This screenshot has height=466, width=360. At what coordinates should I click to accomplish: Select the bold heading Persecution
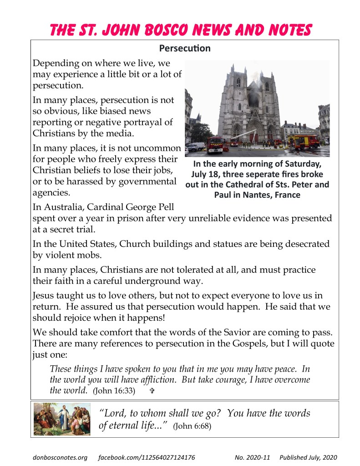tap(185, 48)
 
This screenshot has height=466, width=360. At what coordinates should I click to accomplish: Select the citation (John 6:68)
tap(193, 427)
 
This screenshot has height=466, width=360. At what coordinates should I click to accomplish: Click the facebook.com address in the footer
tap(147, 457)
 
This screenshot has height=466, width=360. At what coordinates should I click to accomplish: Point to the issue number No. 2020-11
tap(252, 457)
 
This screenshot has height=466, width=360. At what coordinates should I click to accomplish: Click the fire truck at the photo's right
tap(304, 142)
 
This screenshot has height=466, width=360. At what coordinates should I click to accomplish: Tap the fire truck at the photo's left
tap(215, 144)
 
